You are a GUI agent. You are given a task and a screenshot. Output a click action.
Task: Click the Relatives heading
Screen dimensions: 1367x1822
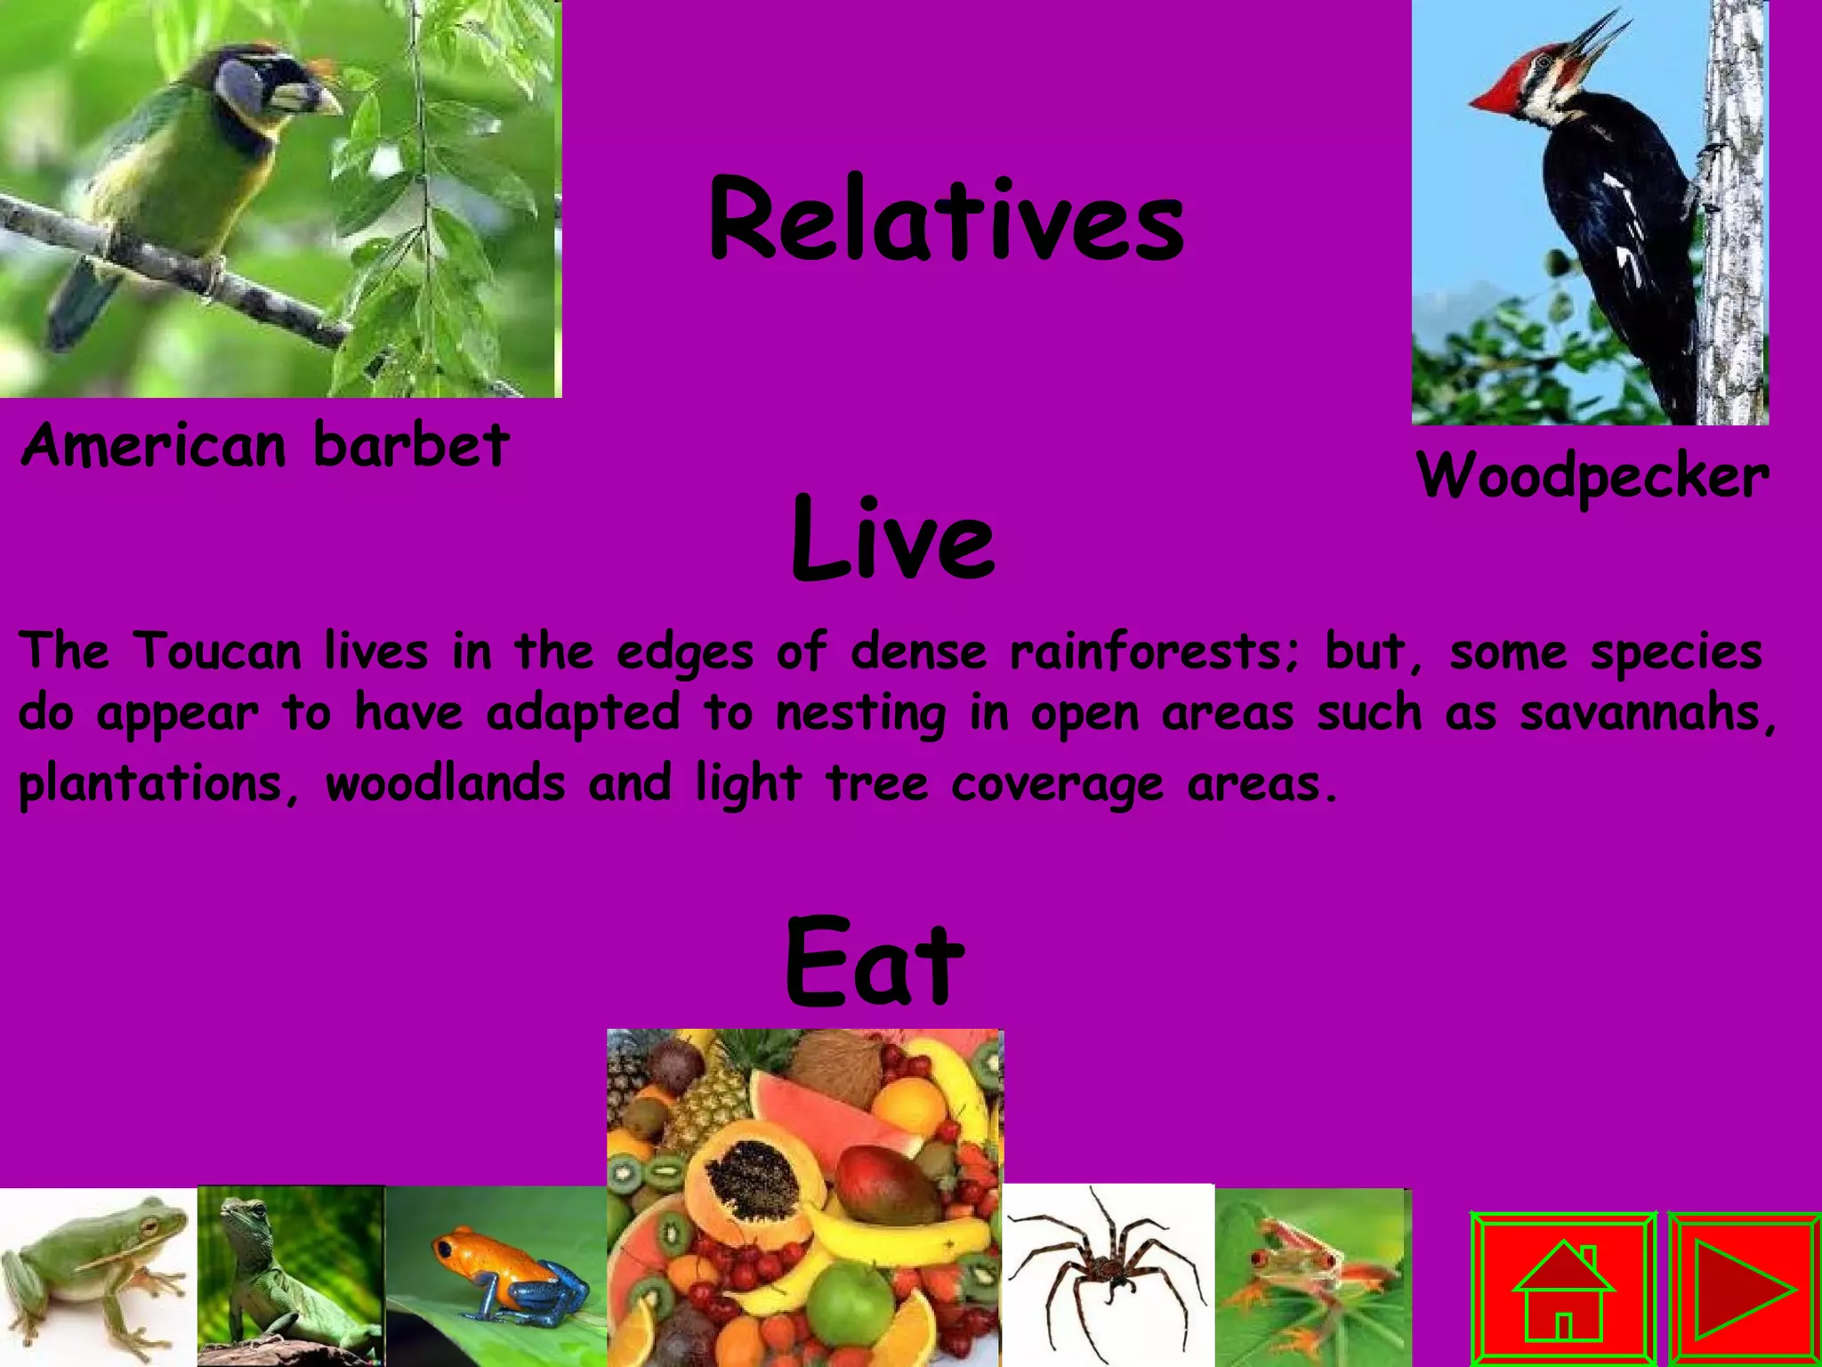point(946,220)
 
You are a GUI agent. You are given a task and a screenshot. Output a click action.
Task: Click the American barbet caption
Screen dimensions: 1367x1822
point(265,445)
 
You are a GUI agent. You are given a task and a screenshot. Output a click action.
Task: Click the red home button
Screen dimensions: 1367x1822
point(1562,1289)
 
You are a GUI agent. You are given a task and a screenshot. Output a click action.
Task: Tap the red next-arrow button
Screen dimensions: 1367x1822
point(1744,1289)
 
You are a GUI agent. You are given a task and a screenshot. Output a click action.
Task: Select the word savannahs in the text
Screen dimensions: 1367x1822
point(1646,713)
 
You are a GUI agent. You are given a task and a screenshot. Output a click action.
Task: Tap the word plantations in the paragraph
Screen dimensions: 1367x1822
point(151,784)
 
